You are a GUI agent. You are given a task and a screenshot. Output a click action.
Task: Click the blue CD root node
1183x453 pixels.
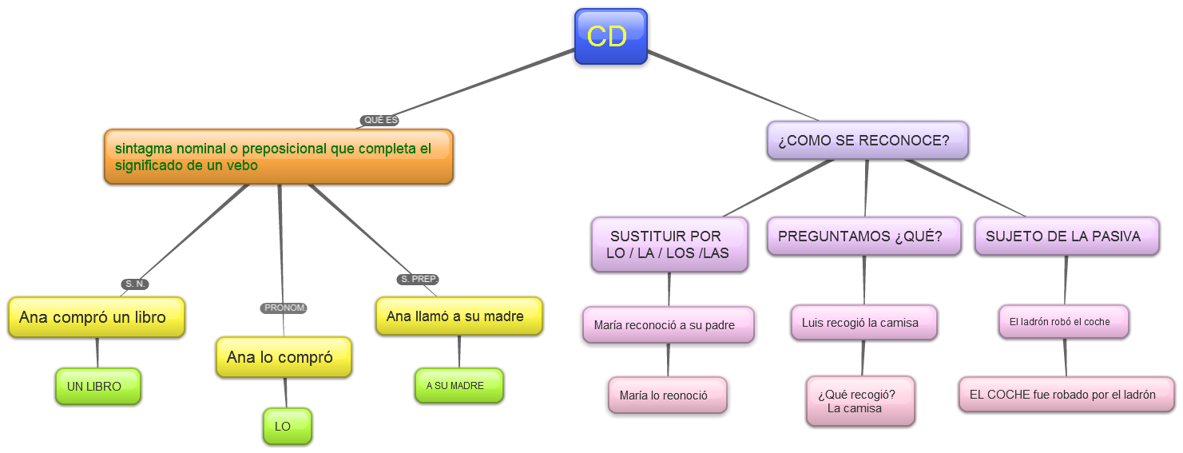pyautogui.click(x=610, y=37)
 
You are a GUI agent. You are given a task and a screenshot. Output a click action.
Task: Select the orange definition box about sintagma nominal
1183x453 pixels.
pyautogui.click(x=278, y=157)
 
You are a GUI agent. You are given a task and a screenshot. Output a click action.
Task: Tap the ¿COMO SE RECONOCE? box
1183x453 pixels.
pyautogui.click(x=867, y=141)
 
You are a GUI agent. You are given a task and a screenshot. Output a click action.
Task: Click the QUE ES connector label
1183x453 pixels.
pyautogui.click(x=380, y=121)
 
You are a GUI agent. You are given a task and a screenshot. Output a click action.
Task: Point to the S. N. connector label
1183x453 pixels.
pyautogui.click(x=136, y=284)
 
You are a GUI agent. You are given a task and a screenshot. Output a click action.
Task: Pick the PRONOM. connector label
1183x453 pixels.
pyautogui.click(x=284, y=308)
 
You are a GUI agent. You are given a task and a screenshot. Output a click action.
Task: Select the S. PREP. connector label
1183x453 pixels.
pyautogui.click(x=418, y=280)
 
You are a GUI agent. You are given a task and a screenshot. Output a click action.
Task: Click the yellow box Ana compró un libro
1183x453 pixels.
pyautogui.click(x=96, y=317)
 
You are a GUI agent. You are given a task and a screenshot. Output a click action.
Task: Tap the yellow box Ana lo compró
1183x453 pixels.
pyautogui.click(x=284, y=357)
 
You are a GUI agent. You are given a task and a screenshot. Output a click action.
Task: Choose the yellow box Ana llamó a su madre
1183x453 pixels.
pyautogui.click(x=459, y=316)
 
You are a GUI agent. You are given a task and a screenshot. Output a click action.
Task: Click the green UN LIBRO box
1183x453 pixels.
pyautogui.click(x=97, y=387)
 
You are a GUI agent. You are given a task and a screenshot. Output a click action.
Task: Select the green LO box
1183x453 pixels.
pyautogui.click(x=287, y=427)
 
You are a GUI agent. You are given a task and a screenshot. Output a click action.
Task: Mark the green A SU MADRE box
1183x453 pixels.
pyautogui.click(x=459, y=386)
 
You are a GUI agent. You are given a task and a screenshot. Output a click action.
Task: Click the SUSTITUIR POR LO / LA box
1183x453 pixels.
pyautogui.click(x=669, y=244)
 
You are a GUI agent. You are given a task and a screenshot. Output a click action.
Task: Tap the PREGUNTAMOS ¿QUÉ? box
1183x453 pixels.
pyautogui.click(x=863, y=236)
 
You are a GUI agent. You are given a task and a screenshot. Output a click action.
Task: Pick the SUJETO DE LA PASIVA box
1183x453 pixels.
pyautogui.click(x=1066, y=236)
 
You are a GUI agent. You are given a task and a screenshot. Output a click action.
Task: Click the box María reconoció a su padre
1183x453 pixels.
pyautogui.click(x=668, y=325)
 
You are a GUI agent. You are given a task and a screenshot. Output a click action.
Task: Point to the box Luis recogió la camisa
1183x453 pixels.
pyautogui.click(x=863, y=323)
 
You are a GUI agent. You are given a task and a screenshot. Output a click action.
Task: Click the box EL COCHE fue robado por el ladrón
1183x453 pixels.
pyautogui.click(x=1066, y=395)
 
